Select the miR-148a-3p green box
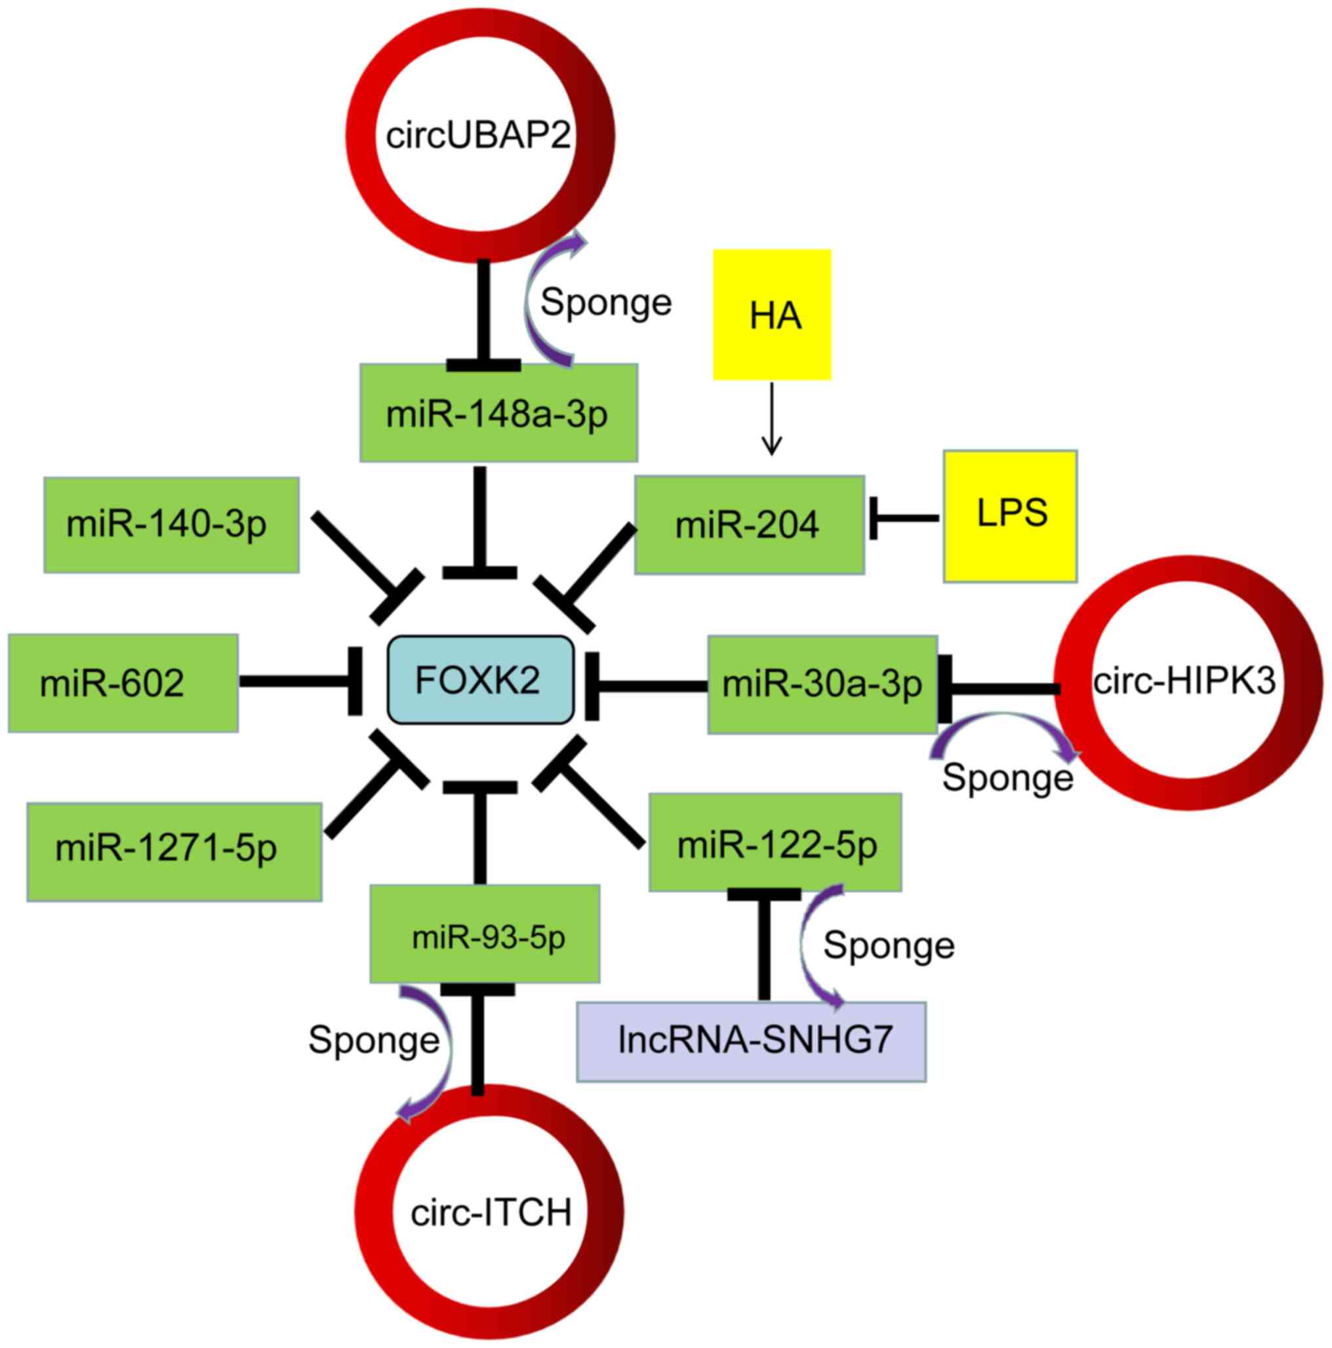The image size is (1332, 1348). (498, 412)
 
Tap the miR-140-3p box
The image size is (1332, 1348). (171, 525)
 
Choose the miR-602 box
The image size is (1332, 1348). (123, 683)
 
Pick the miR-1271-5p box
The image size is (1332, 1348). (174, 851)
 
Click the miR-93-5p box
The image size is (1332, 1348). (484, 934)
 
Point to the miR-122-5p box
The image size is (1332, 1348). (775, 841)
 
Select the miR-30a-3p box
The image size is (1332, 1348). (821, 684)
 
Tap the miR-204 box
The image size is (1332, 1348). (749, 525)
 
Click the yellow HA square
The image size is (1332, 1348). (772, 315)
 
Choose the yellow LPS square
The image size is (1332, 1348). (1009, 515)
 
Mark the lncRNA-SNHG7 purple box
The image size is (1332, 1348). (751, 1041)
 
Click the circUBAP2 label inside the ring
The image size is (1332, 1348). (479, 134)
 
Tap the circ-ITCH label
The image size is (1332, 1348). (491, 1213)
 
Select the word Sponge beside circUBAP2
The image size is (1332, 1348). (605, 302)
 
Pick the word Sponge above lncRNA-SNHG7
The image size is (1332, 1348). (888, 945)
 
